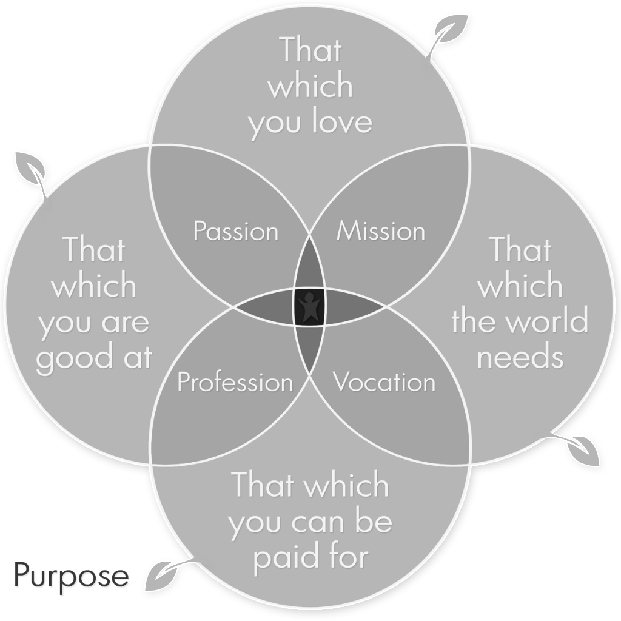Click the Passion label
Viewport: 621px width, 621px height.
tap(235, 231)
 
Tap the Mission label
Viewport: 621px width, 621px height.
tap(381, 231)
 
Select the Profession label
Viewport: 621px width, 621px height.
tap(235, 383)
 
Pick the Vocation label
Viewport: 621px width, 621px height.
tap(384, 383)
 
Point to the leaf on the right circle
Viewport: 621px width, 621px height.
tap(583, 449)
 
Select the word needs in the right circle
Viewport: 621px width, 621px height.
tap(520, 358)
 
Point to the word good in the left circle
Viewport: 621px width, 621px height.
tap(69, 359)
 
